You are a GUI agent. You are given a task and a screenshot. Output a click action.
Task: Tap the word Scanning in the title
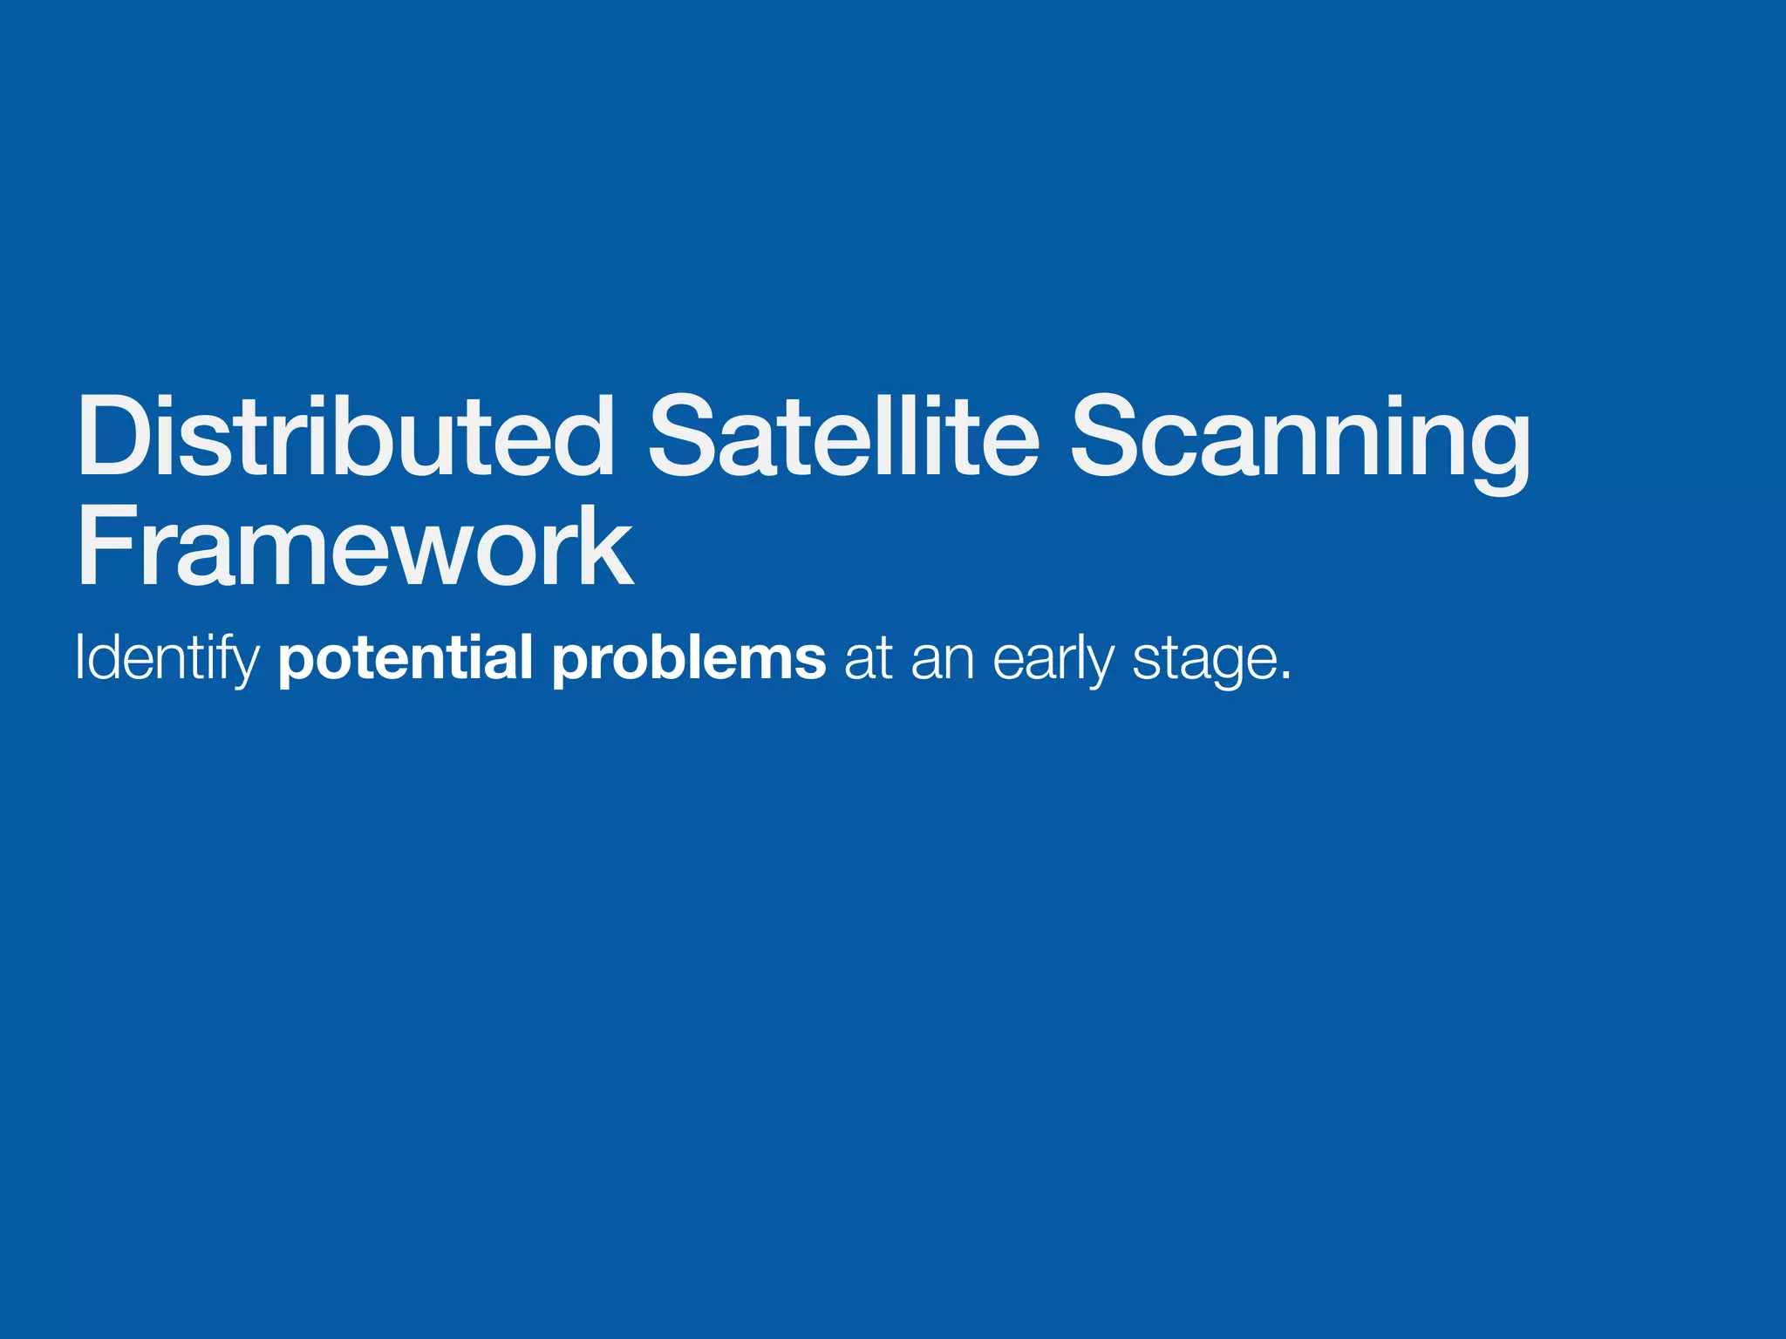(x=1299, y=440)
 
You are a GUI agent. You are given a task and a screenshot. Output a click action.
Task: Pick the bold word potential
(x=406, y=660)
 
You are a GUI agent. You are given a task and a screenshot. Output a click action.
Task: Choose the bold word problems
(x=689, y=660)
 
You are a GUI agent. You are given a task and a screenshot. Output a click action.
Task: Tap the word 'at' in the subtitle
(x=868, y=660)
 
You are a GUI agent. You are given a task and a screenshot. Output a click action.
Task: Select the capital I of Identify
(x=79, y=658)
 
